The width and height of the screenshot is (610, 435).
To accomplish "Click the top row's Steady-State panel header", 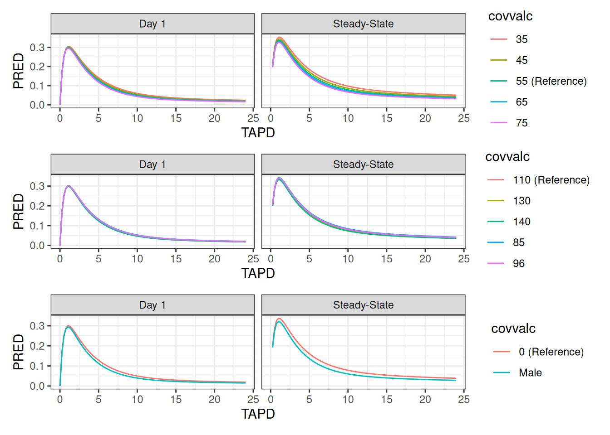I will point(363,24).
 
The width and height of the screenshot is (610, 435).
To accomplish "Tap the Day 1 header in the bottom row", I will point(152,305).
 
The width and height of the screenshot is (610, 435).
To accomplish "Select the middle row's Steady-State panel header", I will point(363,164).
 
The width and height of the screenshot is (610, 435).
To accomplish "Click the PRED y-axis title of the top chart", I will point(18,71).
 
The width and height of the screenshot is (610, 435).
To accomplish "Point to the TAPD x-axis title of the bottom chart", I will point(258,414).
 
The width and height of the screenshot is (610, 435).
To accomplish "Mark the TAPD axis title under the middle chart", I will point(258,273).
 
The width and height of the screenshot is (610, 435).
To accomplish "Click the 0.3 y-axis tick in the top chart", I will point(37,48).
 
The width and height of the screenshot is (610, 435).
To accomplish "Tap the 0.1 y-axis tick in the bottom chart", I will point(37,366).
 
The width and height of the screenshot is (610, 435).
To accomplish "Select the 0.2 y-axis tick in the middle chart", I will point(37,206).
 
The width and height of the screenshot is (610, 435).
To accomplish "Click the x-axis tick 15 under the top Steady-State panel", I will point(387,118).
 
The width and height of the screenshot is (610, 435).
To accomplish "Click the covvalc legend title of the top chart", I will point(510,16).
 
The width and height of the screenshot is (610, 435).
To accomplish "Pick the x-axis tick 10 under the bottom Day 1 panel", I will point(137,399).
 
